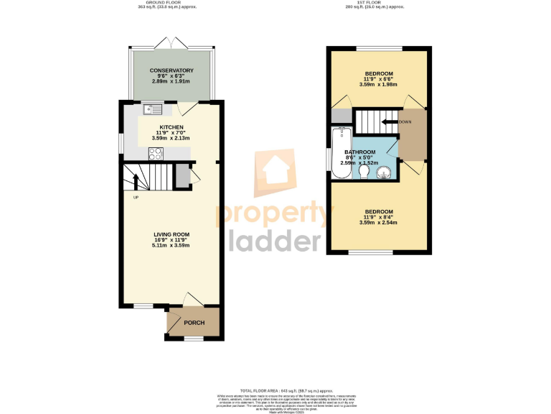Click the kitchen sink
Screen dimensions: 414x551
pos(153,109)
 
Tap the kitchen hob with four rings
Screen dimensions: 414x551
pos(156,152)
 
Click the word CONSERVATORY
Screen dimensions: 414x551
pos(171,70)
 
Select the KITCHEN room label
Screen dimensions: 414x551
pos(171,126)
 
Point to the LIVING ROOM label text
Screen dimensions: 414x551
pos(171,234)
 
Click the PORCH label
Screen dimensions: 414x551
pos(194,323)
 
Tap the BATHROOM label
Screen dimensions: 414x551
pos(359,152)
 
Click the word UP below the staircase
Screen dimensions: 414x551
pos(136,197)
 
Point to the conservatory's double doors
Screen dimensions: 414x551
pos(175,43)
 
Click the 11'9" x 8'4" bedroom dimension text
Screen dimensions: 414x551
pos(378,216)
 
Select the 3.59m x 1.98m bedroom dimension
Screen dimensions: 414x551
pos(378,84)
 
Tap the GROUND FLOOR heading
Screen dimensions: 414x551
pos(166,2)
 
